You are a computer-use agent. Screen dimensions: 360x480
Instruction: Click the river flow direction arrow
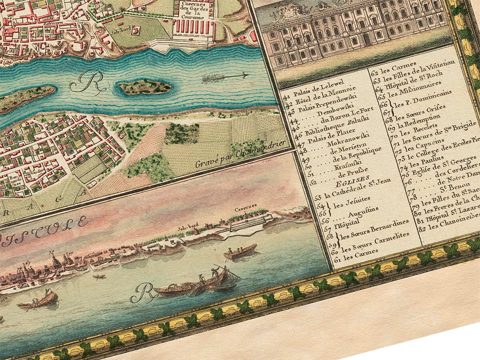tap(225, 76)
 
